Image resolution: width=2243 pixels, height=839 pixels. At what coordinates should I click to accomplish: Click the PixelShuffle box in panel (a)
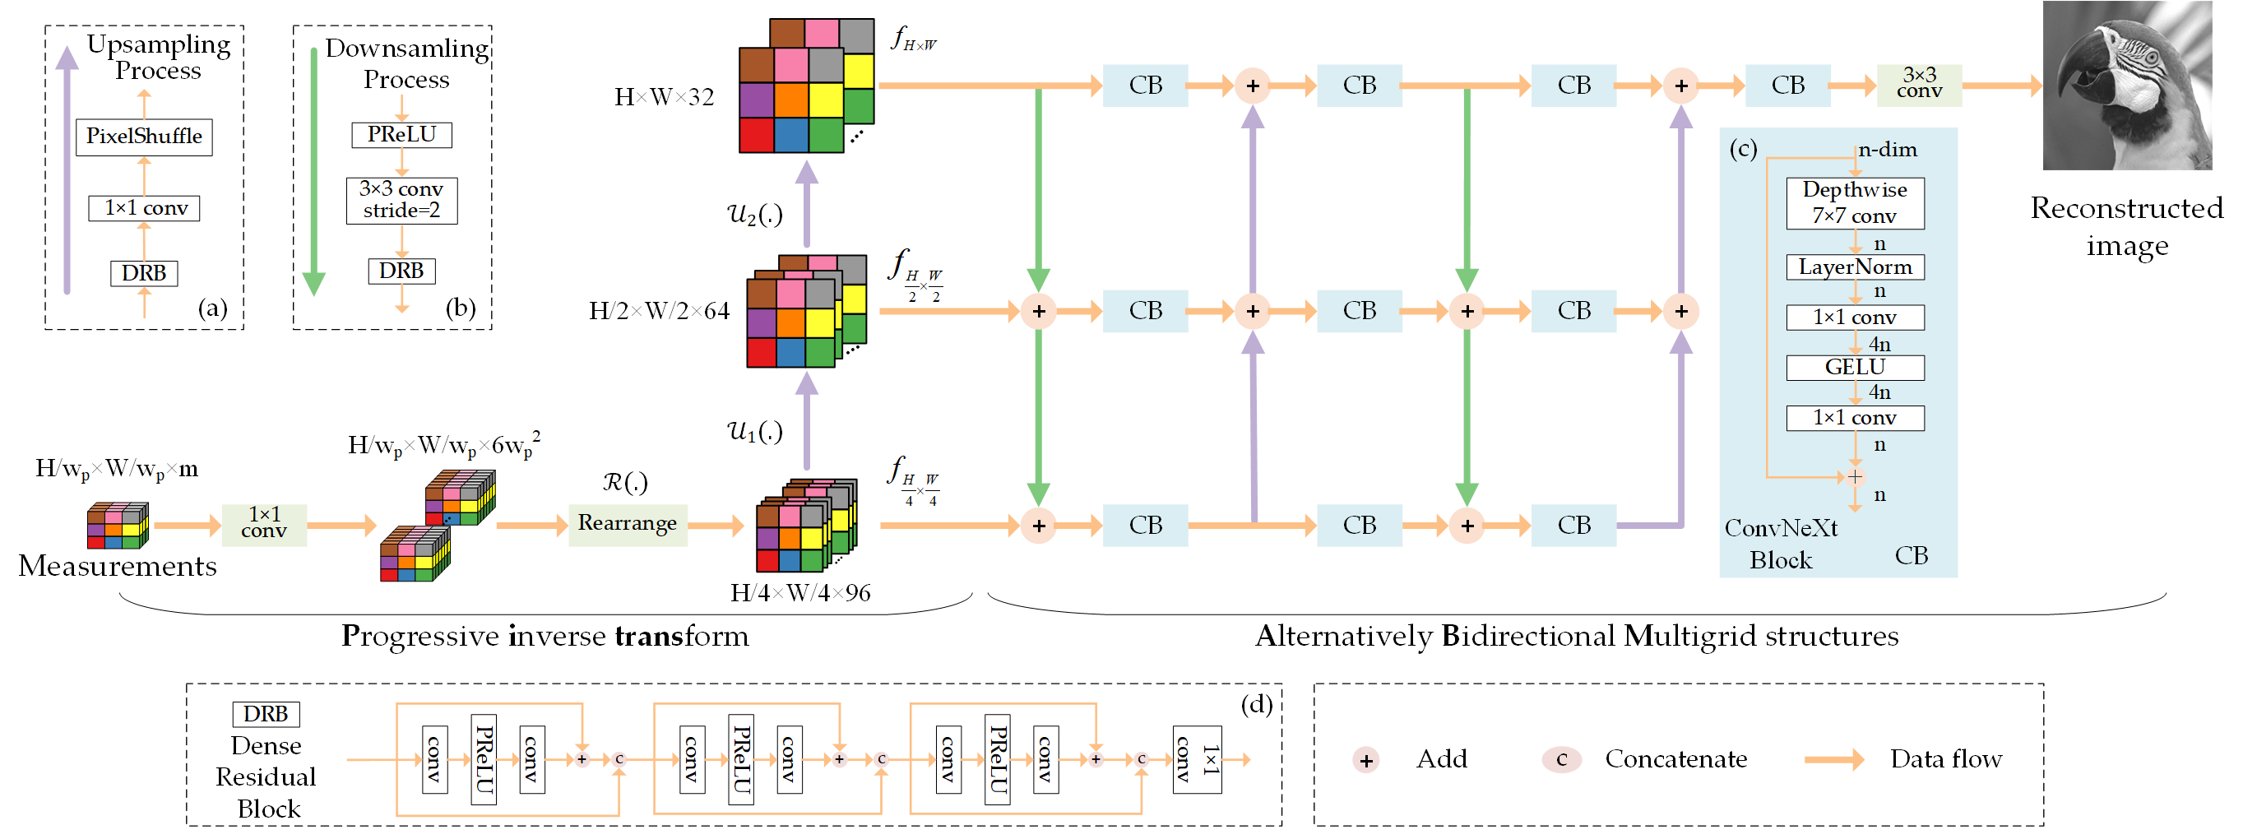click(145, 137)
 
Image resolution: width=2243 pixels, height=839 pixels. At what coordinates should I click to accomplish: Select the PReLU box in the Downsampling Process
click(401, 135)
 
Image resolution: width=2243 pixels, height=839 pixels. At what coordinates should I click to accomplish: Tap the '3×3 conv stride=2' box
click(401, 200)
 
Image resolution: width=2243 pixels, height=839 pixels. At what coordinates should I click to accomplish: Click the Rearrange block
click(627, 524)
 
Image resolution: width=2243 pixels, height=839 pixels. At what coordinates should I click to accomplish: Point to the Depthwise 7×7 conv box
click(1854, 203)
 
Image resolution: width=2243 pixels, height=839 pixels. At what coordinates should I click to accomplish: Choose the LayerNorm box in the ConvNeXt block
click(1854, 267)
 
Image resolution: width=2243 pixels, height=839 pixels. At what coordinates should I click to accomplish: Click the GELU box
click(1854, 368)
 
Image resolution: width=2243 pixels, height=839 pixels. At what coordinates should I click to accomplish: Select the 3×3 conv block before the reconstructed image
click(1918, 85)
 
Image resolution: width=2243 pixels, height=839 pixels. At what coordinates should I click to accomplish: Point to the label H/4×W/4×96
click(799, 593)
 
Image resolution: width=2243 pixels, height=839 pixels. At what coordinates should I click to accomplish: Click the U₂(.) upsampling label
click(754, 213)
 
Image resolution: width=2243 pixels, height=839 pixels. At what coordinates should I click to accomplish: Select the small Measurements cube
click(118, 525)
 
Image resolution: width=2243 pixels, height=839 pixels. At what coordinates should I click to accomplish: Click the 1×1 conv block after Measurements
click(264, 524)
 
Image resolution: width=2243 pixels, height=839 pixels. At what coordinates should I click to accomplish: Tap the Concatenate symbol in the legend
click(1560, 759)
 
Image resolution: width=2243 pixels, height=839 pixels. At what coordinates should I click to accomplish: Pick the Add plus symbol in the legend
click(1365, 760)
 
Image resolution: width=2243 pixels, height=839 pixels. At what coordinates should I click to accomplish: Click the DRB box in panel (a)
click(145, 273)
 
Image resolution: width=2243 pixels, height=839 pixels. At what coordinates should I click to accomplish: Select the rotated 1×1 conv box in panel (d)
click(1197, 759)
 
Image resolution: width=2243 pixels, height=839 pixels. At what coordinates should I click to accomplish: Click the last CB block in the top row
click(1787, 86)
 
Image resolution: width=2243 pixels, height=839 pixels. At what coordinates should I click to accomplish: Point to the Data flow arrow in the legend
click(1833, 759)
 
